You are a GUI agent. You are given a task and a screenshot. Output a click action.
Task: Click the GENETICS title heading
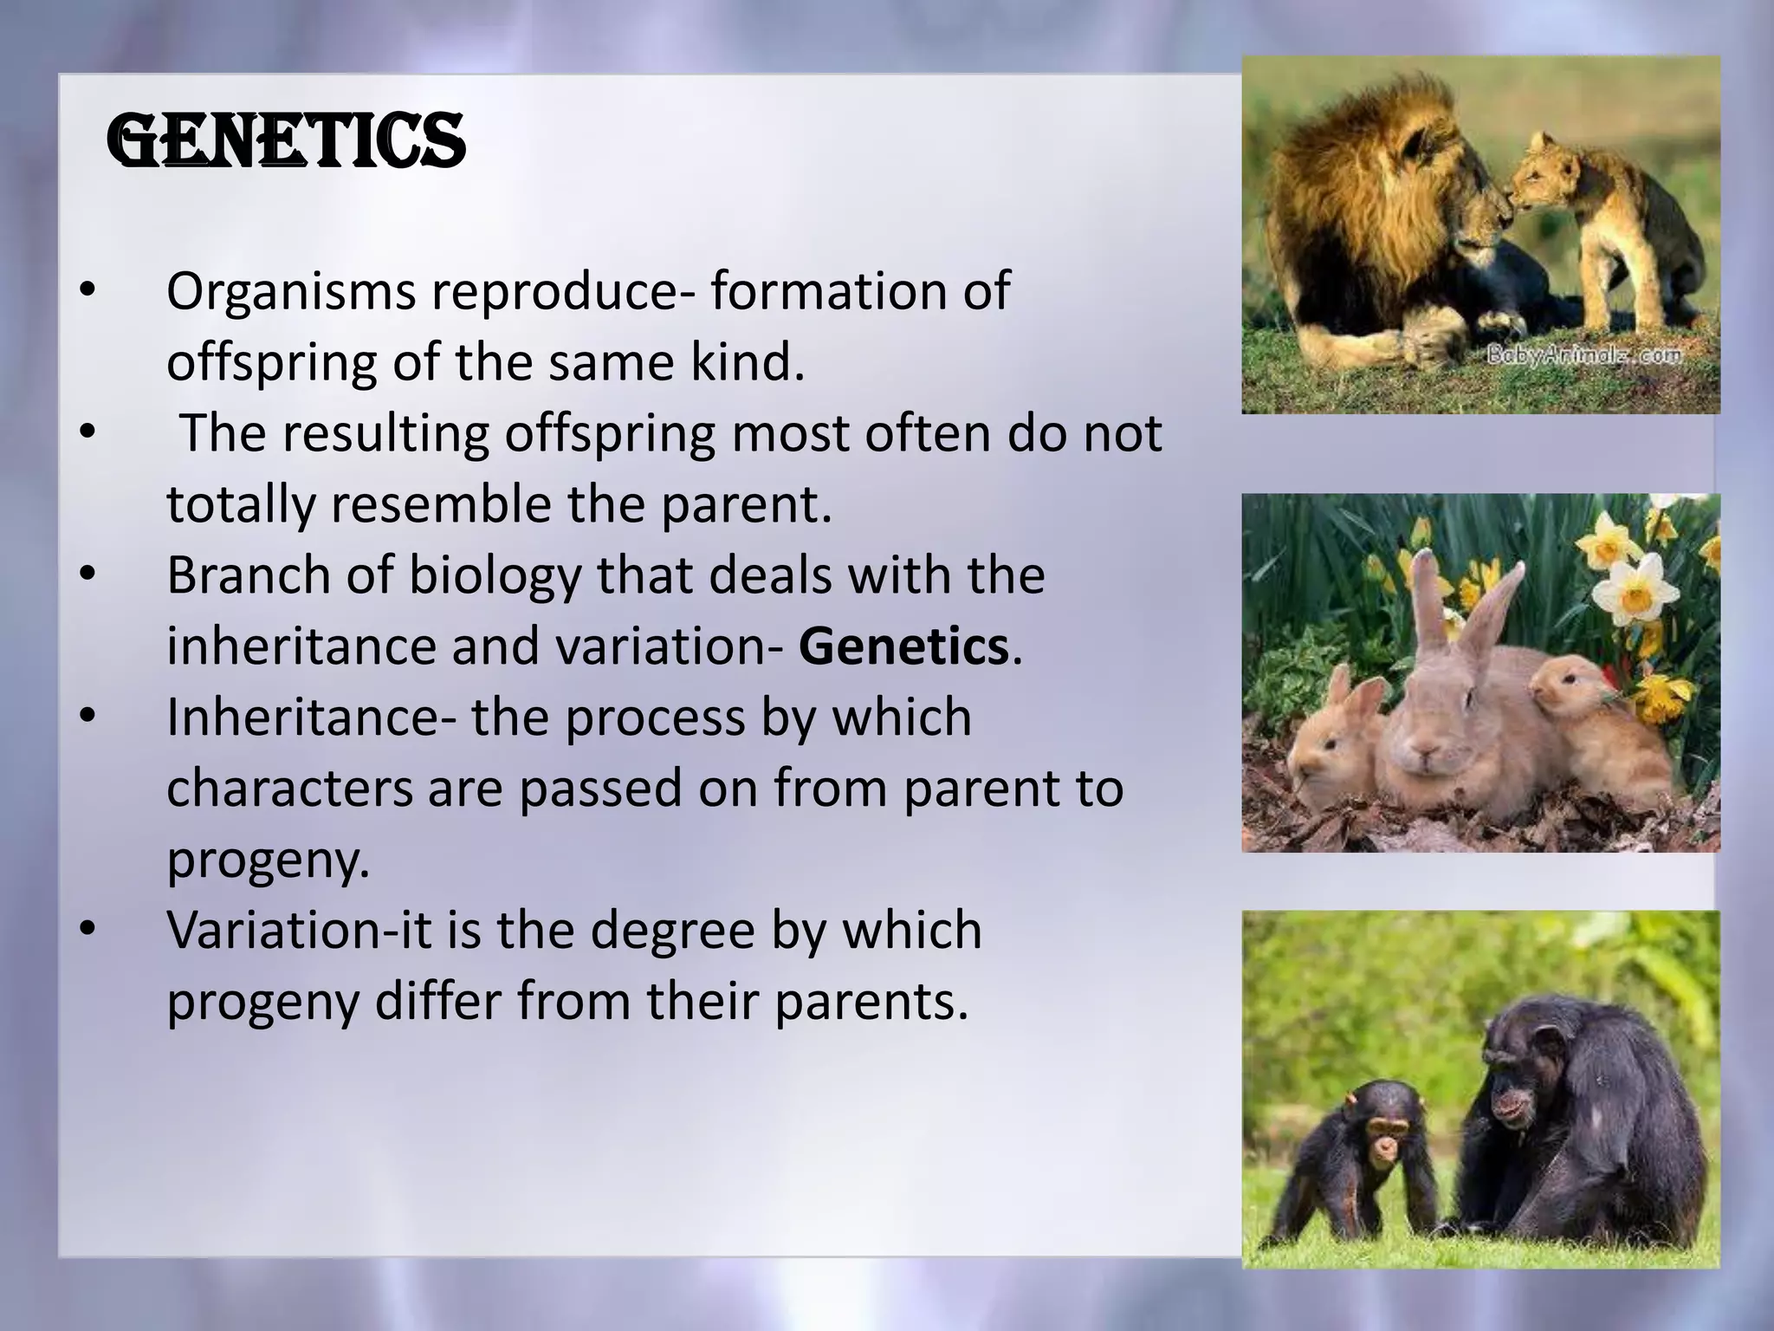(286, 143)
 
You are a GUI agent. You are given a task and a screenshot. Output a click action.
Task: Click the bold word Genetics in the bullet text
(903, 646)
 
